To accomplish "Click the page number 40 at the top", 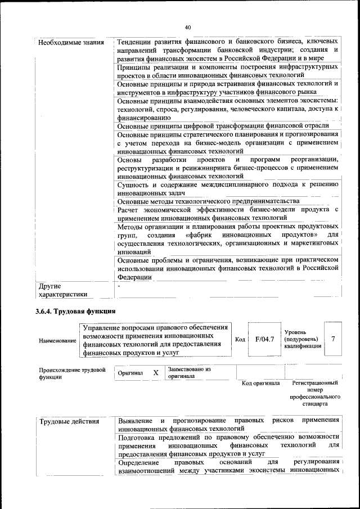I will pyautogui.click(x=187, y=26).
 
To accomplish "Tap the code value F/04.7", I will pyautogui.click(x=264, y=339).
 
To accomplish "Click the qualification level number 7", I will pyautogui.click(x=334, y=339).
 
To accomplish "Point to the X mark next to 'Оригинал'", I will pyautogui.click(x=156, y=373).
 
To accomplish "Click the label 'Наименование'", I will pyautogui.click(x=57, y=341).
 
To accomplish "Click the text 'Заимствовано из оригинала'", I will pyautogui.click(x=189, y=373).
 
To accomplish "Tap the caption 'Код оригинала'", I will pyautogui.click(x=260, y=384).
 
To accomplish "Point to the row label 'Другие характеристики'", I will pyautogui.click(x=62, y=290).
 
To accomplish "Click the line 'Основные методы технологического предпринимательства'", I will pyautogui.click(x=209, y=201).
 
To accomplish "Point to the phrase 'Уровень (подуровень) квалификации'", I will pyautogui.click(x=303, y=340).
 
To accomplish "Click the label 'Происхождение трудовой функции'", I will pyautogui.click(x=72, y=373).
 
